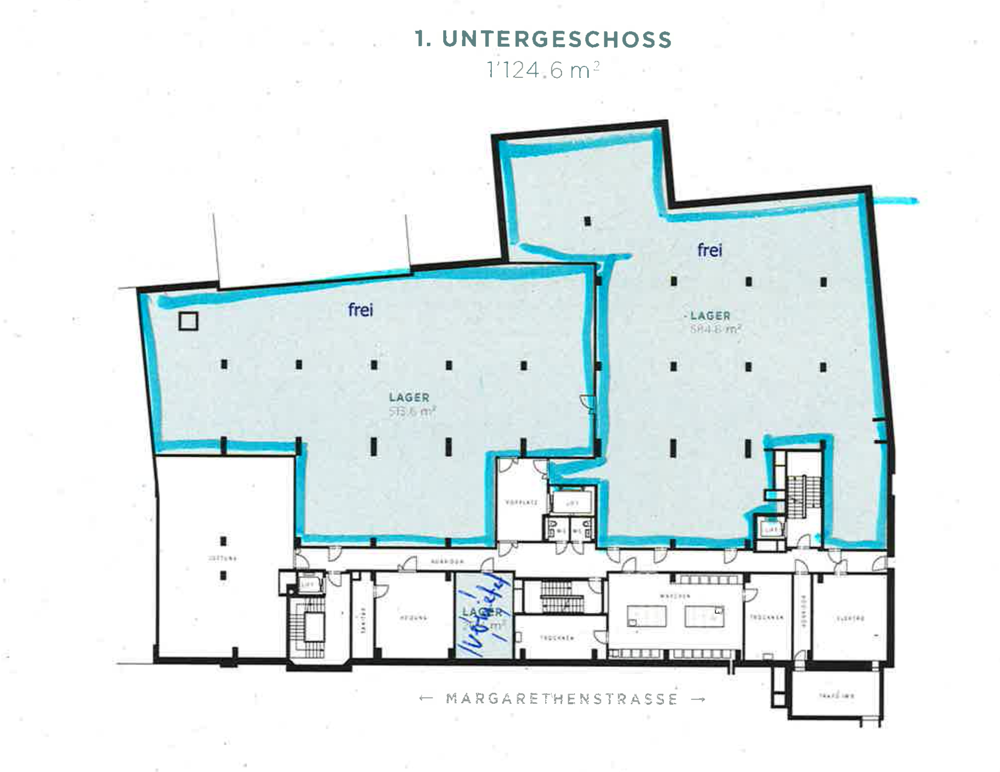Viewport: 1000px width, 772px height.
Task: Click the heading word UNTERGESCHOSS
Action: pyautogui.click(x=557, y=39)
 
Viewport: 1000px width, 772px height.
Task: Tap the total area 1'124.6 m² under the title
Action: pyautogui.click(x=543, y=71)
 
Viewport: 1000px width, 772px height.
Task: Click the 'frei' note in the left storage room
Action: pyautogui.click(x=361, y=310)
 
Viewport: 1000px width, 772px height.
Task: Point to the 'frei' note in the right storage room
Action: pyautogui.click(x=710, y=250)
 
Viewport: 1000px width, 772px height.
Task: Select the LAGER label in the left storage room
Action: pyautogui.click(x=409, y=398)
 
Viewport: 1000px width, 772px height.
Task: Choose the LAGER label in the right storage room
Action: pyautogui.click(x=710, y=316)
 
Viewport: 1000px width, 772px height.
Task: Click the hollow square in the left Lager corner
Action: pyautogui.click(x=188, y=321)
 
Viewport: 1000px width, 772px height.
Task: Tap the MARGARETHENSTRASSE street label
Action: pyautogui.click(x=562, y=699)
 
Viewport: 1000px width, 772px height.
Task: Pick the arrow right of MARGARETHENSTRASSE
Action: pyautogui.click(x=699, y=699)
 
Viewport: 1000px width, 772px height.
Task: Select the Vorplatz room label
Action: pyautogui.click(x=522, y=502)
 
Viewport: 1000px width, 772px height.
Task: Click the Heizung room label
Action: pyautogui.click(x=413, y=618)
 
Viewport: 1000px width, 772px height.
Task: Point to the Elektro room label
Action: pyautogui.click(x=850, y=618)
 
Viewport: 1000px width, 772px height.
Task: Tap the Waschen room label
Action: pyautogui.click(x=675, y=596)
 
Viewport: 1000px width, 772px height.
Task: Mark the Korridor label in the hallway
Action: pyautogui.click(x=447, y=561)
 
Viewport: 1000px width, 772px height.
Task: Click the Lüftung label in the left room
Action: pyautogui.click(x=222, y=559)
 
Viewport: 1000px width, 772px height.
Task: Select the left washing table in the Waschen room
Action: pyautogui.click(x=647, y=616)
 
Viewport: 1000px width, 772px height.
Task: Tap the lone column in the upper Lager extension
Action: pyautogui.click(x=587, y=221)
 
